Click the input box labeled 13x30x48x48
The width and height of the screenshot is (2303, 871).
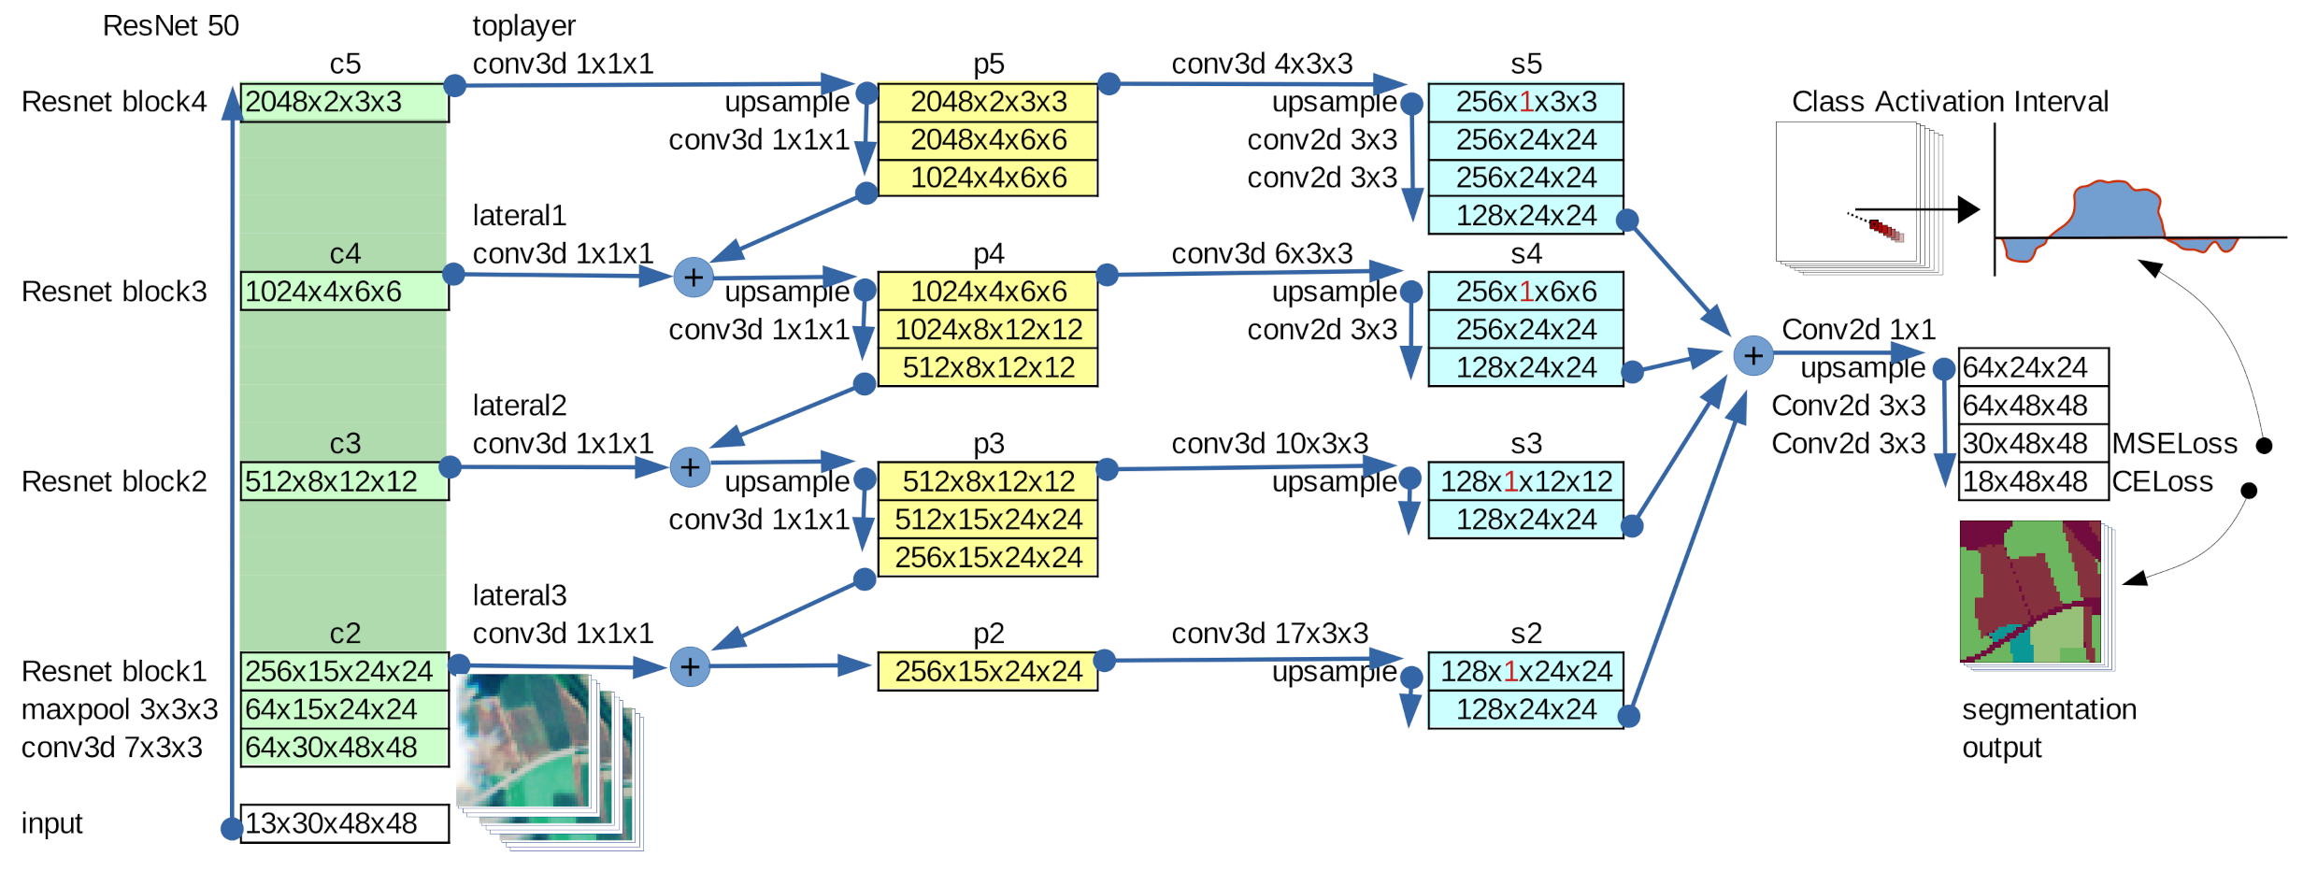coord(344,823)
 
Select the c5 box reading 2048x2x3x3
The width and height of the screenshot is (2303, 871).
coord(344,102)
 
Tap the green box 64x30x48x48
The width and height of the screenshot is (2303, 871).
coord(344,748)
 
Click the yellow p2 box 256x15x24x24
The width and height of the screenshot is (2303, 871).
coord(987,671)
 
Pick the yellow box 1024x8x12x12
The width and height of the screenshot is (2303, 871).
coord(987,330)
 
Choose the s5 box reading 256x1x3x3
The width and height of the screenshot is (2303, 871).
coord(1525,102)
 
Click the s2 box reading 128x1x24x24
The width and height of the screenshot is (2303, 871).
coord(1525,671)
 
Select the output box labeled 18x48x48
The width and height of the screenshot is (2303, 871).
coord(2033,481)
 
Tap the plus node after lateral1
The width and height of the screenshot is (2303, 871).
coord(694,278)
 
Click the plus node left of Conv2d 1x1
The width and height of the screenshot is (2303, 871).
coord(1753,356)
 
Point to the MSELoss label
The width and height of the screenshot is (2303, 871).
coord(2174,443)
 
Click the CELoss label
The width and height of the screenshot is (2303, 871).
coord(2162,481)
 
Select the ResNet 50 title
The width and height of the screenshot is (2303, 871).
coord(170,25)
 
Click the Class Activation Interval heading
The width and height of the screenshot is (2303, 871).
coord(1950,101)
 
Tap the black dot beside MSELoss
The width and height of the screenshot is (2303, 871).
coord(2264,445)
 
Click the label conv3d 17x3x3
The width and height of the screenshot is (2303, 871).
coord(1269,633)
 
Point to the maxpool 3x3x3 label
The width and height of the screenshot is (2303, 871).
coord(120,709)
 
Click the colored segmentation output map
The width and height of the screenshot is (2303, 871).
coord(2030,592)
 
